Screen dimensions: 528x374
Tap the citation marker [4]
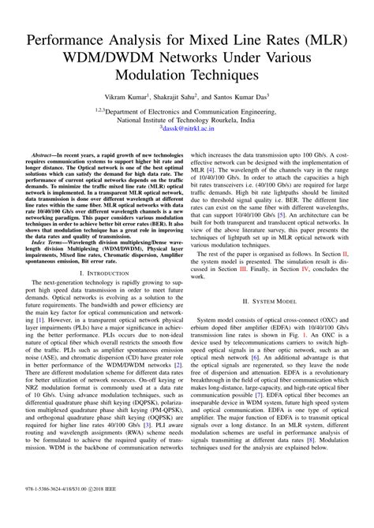pyautogui.click(x=212, y=170)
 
